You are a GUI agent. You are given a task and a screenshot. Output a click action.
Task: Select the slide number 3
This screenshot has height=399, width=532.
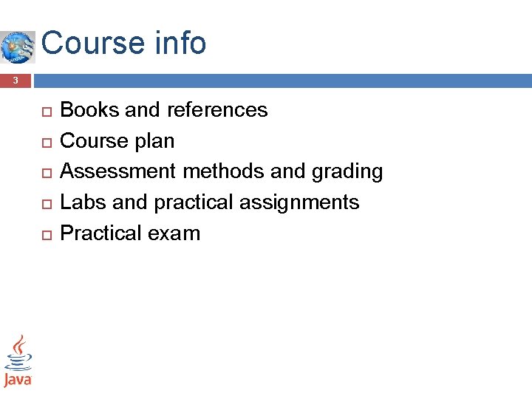pyautogui.click(x=16, y=81)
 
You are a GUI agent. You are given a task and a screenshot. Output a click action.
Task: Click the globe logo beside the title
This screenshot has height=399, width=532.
pyautogui.click(x=17, y=47)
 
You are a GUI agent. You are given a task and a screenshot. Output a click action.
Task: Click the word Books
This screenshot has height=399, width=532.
pyautogui.click(x=89, y=110)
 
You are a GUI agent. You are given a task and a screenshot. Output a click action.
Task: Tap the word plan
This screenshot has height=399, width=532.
pyautogui.click(x=155, y=141)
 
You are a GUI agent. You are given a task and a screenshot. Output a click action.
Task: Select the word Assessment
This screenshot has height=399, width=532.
pyautogui.click(x=117, y=171)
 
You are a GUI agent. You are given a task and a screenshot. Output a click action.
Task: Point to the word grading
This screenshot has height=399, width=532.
pyautogui.click(x=347, y=172)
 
